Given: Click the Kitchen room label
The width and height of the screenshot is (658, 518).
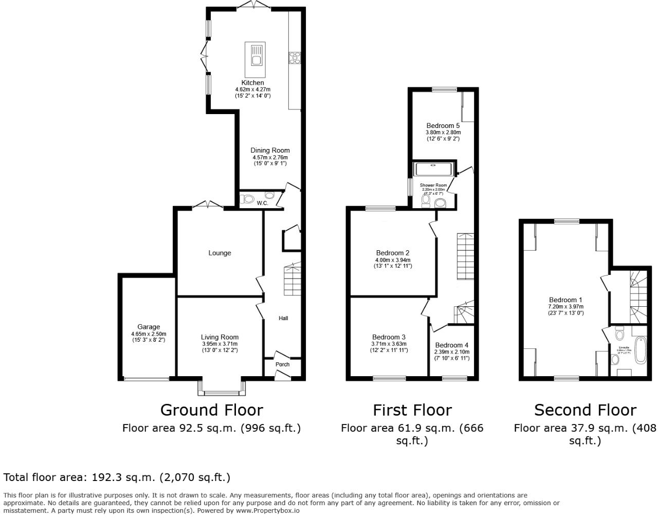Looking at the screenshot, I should (252, 83).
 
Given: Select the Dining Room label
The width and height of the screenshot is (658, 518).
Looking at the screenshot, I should (270, 151).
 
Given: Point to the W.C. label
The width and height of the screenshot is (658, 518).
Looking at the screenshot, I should (262, 203).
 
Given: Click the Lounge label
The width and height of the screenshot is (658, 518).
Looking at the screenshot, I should (220, 253).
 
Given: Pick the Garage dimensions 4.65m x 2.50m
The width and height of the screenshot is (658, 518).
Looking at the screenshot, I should (148, 334).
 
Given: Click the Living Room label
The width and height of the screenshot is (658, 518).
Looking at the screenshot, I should (220, 337).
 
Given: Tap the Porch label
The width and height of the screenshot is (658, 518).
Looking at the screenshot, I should (282, 364).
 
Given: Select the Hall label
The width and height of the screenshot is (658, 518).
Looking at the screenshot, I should (283, 318).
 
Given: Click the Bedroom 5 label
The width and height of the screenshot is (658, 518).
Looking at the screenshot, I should (443, 125).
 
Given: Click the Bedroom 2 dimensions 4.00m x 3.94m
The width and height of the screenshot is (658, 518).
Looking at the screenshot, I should (393, 260).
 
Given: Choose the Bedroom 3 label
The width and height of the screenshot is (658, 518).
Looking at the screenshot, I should (389, 337).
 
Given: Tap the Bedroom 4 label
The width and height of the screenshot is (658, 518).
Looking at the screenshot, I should (451, 345).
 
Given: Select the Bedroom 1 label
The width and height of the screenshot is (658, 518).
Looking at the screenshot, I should (565, 300).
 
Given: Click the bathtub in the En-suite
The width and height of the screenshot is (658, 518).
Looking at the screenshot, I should (640, 350).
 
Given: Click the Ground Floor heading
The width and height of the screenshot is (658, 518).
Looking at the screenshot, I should (211, 410).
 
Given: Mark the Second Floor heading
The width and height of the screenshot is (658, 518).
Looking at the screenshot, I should (585, 410).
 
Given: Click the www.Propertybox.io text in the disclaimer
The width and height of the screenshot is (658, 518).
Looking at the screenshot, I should (267, 511).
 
